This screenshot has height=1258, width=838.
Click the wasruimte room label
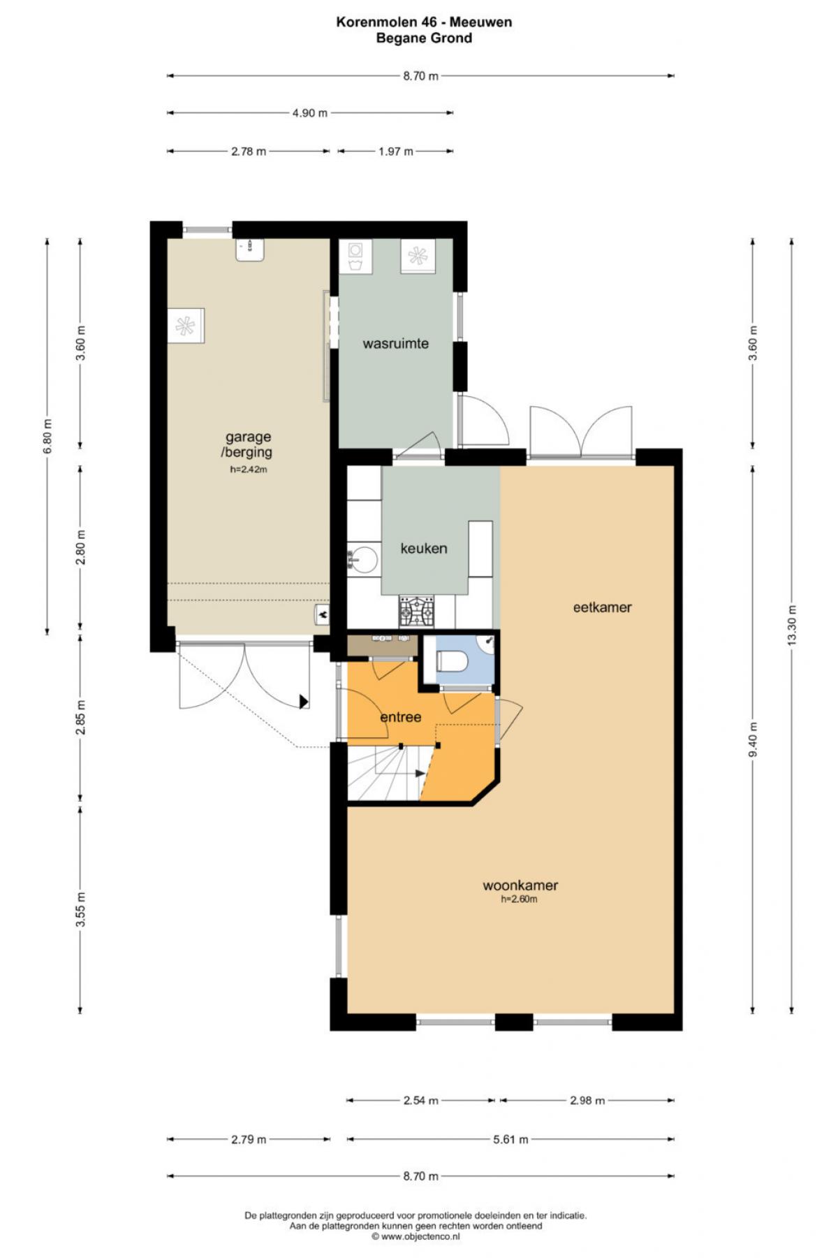click(395, 344)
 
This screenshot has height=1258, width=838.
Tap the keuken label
click(424, 549)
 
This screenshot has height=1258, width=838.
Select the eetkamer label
click(602, 607)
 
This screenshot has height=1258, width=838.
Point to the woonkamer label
click(520, 885)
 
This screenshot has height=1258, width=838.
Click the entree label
click(401, 717)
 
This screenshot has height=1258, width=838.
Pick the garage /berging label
click(249, 444)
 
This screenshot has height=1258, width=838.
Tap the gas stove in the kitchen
click(416, 612)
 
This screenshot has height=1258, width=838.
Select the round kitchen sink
click(362, 560)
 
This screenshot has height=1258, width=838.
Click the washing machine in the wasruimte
click(355, 256)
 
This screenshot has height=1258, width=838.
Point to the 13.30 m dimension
click(792, 626)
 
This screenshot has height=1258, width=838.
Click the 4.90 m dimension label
click(310, 113)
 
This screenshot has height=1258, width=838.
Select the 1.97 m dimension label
click(396, 151)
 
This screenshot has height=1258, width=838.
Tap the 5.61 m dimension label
click(511, 1139)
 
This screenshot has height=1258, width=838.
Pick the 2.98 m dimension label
click(587, 1100)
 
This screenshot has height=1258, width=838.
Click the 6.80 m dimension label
click(47, 437)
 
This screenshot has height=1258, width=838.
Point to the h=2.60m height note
click(520, 899)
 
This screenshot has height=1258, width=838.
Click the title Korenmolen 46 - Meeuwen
click(425, 22)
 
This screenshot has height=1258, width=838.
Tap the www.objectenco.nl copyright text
click(416, 1236)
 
